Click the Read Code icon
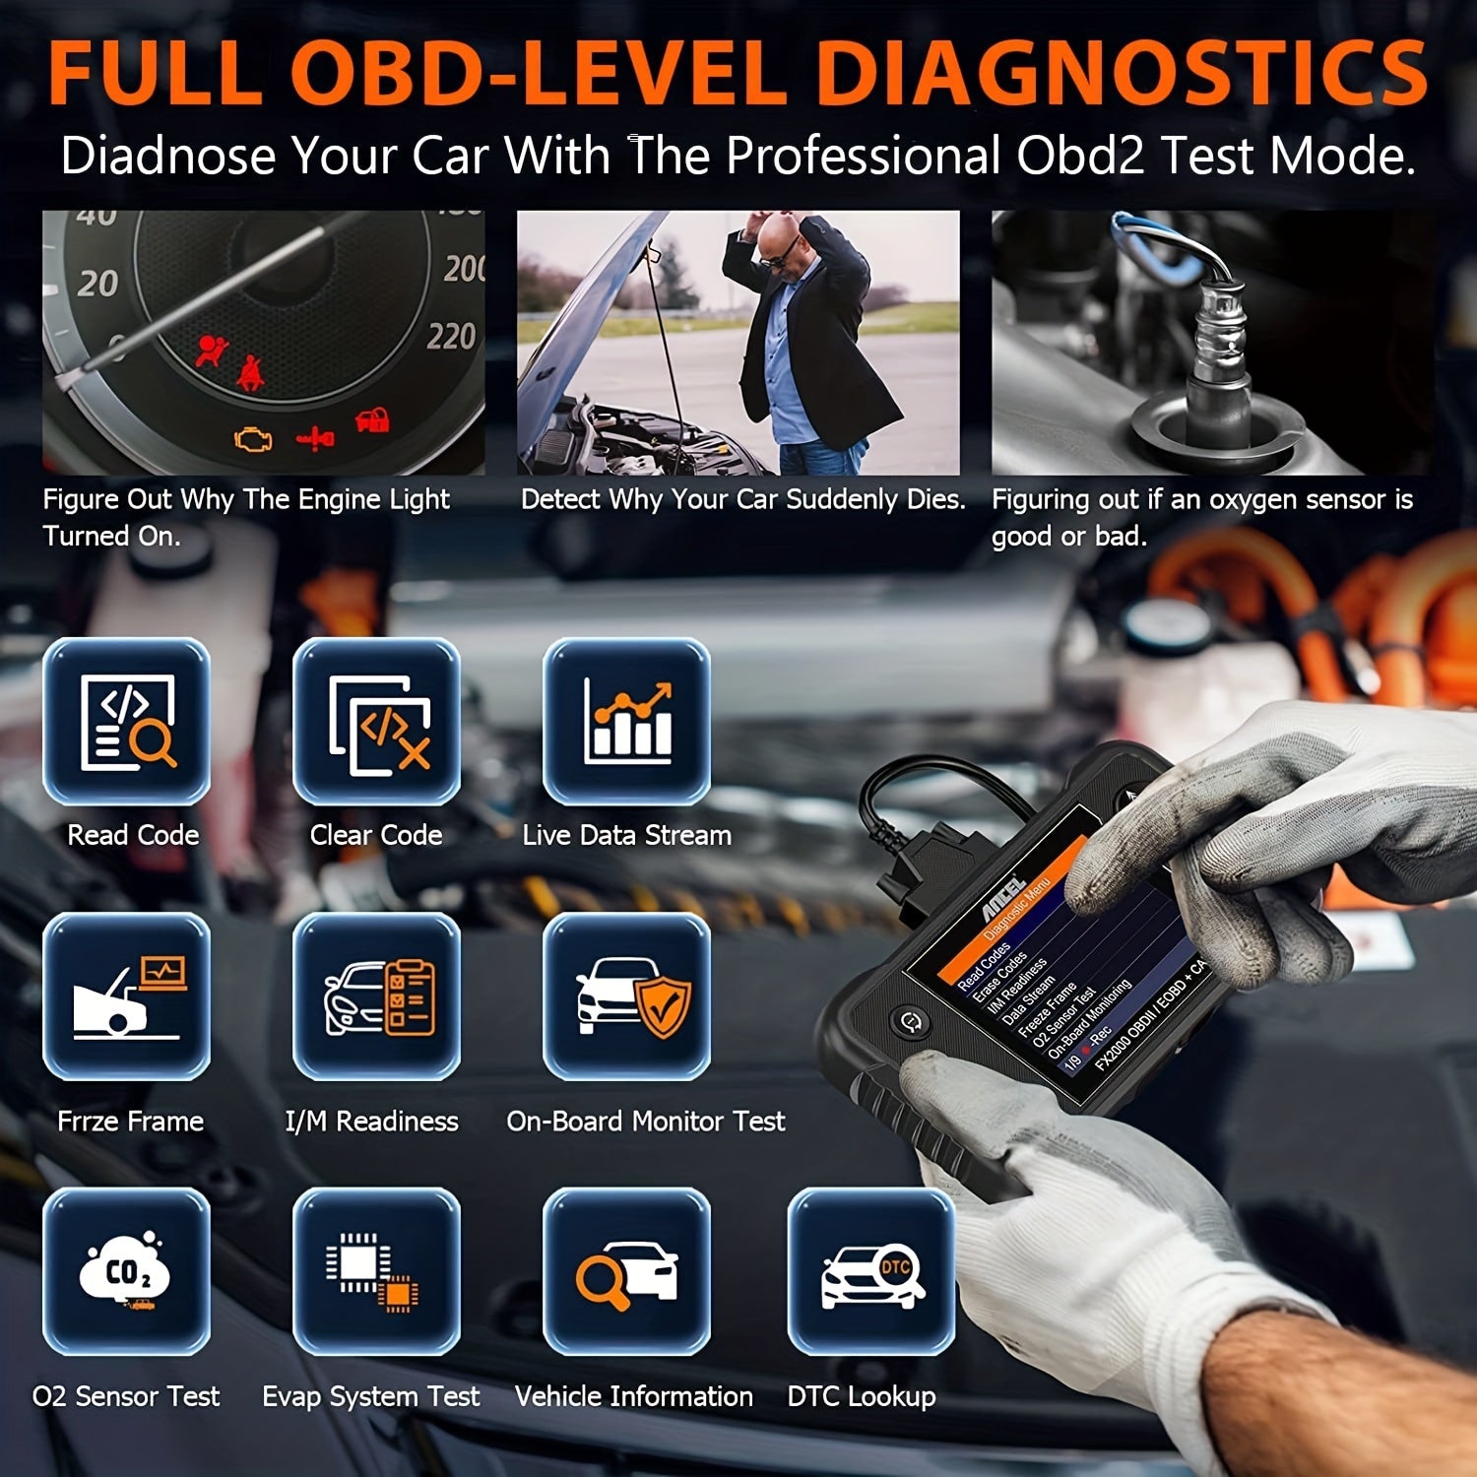(x=127, y=722)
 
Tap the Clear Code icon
(x=377, y=722)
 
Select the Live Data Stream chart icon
(x=627, y=722)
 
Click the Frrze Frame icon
(x=127, y=996)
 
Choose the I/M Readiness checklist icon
(x=377, y=996)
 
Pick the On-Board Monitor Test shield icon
(x=627, y=996)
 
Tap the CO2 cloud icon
(x=127, y=1271)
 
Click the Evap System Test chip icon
(x=377, y=1271)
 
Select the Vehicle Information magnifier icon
(x=627, y=1271)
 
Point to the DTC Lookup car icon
(x=871, y=1271)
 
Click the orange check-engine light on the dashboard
(x=253, y=438)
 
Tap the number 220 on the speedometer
(x=451, y=337)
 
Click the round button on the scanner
(x=909, y=1020)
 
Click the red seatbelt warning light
(x=247, y=371)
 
